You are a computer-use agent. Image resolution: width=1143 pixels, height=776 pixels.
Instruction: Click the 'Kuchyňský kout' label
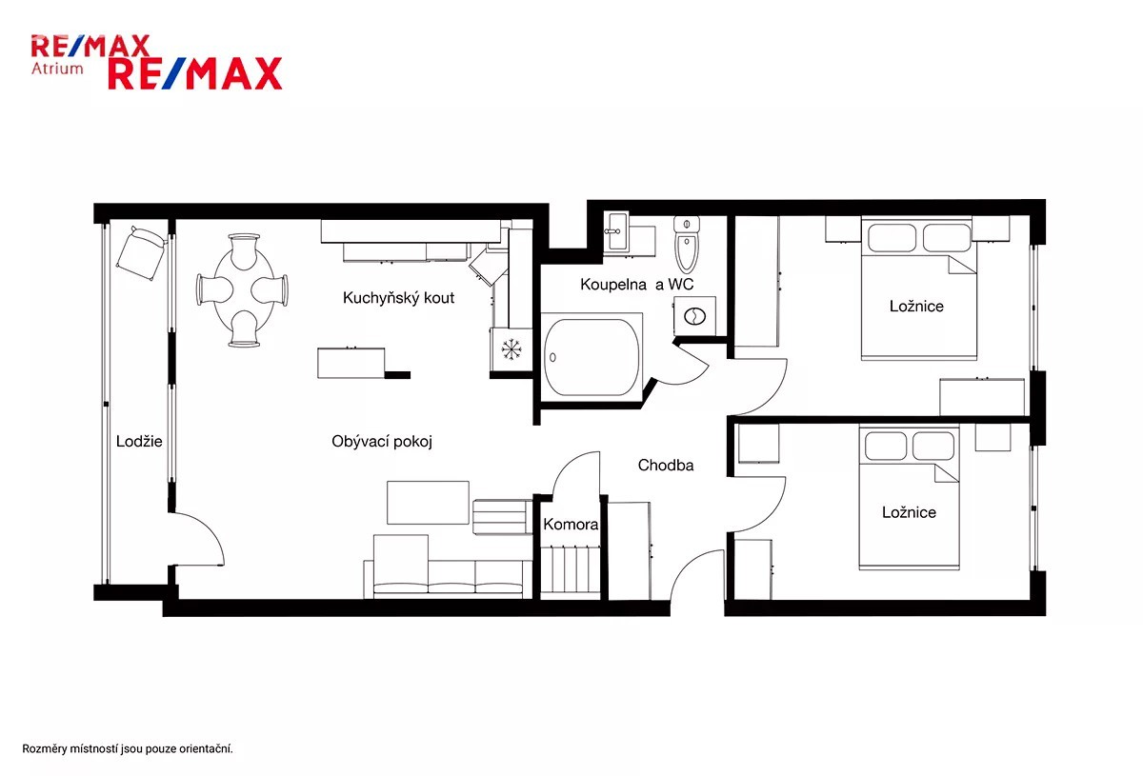click(398, 298)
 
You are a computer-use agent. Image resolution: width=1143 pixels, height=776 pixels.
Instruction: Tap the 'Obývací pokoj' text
click(382, 441)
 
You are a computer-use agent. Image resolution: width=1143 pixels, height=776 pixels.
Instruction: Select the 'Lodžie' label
click(139, 441)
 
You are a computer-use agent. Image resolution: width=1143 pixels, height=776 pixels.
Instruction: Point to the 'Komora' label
click(571, 524)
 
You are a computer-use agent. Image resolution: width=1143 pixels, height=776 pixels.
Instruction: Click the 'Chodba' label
click(666, 466)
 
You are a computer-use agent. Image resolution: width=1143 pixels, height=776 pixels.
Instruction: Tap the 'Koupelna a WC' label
click(637, 284)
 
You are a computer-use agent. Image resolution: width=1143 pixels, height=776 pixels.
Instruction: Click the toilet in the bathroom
click(687, 245)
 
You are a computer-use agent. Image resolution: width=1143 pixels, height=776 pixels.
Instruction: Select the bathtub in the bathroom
click(592, 357)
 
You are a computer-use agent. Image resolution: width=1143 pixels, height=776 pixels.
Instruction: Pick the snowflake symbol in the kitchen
click(511, 349)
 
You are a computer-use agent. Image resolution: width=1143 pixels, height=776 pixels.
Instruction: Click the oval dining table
click(243, 289)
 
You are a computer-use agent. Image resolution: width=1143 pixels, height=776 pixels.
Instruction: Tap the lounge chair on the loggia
click(141, 253)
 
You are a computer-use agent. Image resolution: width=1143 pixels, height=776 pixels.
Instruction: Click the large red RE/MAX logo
click(195, 73)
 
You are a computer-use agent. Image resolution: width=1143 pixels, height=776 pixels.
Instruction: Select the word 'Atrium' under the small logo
click(57, 69)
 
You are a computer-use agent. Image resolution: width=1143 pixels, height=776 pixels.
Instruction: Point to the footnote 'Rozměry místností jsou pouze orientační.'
click(128, 749)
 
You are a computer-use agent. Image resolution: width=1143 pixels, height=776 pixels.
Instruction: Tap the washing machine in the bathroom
click(694, 316)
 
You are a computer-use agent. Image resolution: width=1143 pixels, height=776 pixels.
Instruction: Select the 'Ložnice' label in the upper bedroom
click(916, 306)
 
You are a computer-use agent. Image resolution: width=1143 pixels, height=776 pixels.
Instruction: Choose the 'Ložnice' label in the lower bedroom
click(910, 512)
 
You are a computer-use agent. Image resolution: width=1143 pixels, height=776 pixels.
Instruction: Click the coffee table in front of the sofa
click(428, 503)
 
